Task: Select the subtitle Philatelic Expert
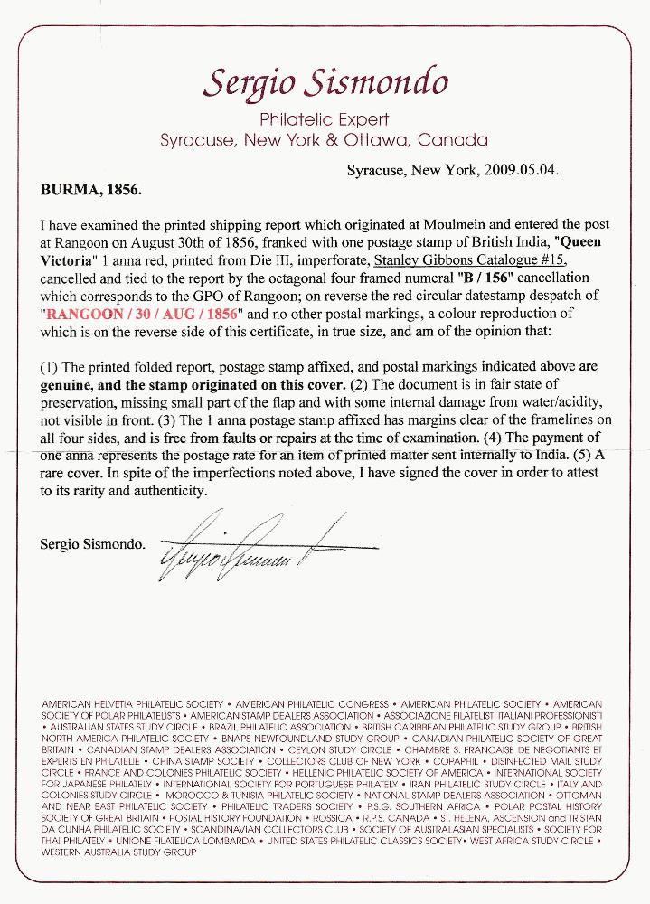(x=324, y=119)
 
